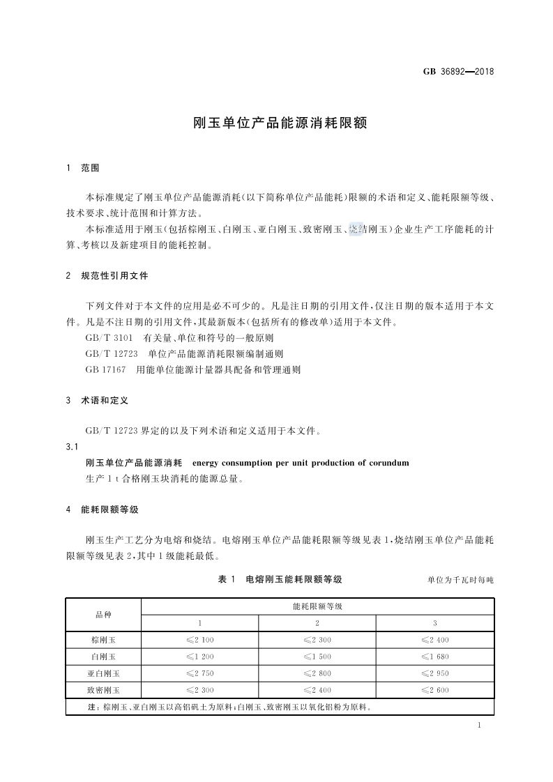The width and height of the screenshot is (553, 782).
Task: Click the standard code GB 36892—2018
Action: point(458,71)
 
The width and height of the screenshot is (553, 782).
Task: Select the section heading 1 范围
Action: point(82,168)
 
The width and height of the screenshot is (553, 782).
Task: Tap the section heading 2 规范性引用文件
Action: point(107,276)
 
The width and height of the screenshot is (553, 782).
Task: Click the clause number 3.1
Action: point(71,447)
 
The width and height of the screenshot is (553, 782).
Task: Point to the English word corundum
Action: point(387,463)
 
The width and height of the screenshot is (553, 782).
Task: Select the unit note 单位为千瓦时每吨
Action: point(460,580)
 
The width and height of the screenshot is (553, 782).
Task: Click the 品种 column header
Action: point(103,614)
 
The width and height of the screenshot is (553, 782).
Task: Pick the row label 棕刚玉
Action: point(103,639)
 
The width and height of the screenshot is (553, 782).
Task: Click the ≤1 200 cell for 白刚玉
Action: point(200,657)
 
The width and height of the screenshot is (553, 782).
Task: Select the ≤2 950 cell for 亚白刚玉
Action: point(434,673)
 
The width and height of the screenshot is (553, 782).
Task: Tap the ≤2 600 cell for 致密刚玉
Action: point(434,690)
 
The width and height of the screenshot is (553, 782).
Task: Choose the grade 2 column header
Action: point(317,622)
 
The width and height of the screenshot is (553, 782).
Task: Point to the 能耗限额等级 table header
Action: point(317,606)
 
